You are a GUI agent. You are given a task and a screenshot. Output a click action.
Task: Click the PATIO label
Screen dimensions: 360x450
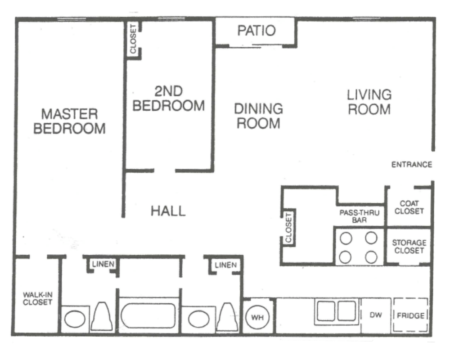coord(256,31)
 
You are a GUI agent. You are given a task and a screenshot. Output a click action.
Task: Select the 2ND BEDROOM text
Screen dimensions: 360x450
coord(169,99)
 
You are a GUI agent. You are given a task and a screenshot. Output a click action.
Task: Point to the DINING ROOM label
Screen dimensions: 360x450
coord(258,116)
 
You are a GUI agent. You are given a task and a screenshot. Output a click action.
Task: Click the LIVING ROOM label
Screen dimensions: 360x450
coord(369,102)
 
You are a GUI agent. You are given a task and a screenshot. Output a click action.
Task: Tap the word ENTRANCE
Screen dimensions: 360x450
coord(411,165)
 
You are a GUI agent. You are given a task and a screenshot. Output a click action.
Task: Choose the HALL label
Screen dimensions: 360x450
coord(168,211)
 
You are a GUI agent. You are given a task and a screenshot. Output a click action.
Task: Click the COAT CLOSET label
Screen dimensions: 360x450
coord(409,207)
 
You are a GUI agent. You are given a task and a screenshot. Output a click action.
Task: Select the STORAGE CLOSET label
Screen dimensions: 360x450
coord(409,246)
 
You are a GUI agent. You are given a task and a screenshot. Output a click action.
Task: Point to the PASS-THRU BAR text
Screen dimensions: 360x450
coord(359,216)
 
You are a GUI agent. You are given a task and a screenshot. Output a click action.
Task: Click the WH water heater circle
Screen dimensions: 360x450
coord(257,317)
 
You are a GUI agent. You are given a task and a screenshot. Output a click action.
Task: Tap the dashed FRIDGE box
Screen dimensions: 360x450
coord(411,315)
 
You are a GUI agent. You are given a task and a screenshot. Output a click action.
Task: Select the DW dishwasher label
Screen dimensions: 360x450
coord(376,315)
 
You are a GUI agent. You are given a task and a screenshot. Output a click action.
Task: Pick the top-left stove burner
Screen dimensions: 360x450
coord(346,238)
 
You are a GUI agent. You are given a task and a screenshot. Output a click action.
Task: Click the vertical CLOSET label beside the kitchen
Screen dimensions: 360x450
coord(288,227)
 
